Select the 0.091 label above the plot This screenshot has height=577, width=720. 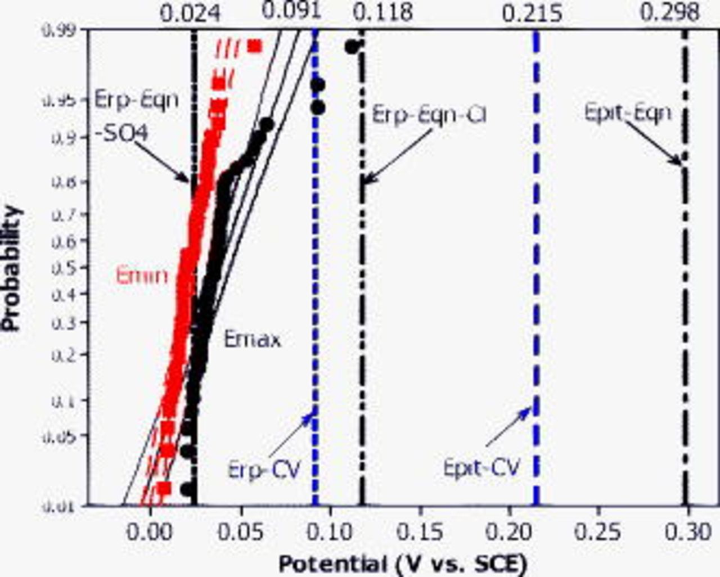pos(291,10)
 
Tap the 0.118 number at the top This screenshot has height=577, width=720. pos(384,13)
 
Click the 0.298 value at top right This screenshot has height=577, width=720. pos(670,12)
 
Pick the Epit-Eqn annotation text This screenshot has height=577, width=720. pos(628,113)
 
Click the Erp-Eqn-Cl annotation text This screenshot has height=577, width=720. pos(429,115)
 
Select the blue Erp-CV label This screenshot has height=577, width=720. pos(264,468)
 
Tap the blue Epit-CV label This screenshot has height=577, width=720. pos(481,467)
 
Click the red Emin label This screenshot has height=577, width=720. pos(142,276)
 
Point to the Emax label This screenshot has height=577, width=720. pos(252,339)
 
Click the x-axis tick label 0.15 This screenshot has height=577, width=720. pos(420,531)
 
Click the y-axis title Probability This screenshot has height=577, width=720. pos(12,269)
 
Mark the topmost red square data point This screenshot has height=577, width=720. pos(255,46)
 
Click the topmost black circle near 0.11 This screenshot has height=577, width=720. pos(352,47)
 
